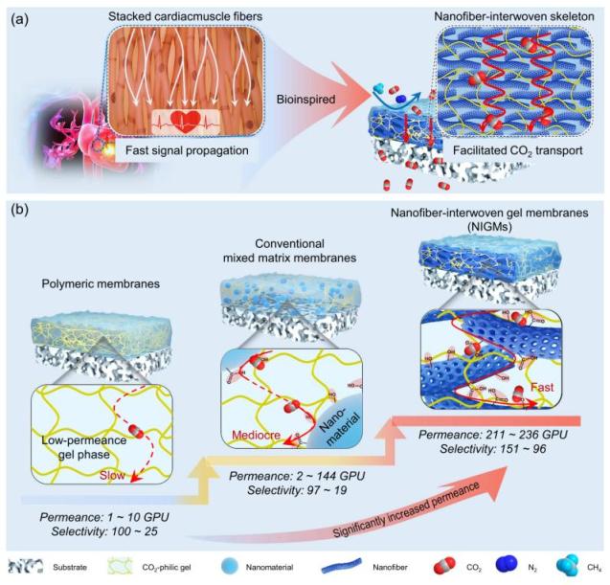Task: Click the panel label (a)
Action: pos(21,16)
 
